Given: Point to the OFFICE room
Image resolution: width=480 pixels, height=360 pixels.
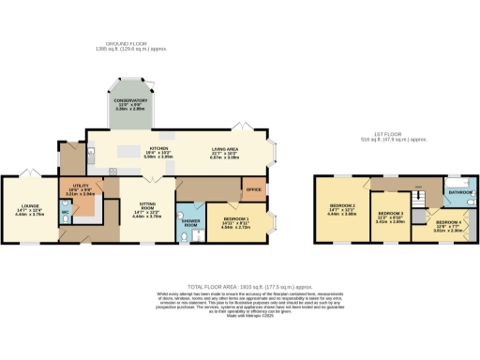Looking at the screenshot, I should [252, 189].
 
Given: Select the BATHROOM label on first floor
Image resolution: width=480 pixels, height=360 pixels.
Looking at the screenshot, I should [459, 191].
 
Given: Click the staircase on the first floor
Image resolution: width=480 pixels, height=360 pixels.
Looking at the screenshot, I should [419, 202].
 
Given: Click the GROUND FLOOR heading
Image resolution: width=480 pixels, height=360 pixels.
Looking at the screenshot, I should [127, 43].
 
